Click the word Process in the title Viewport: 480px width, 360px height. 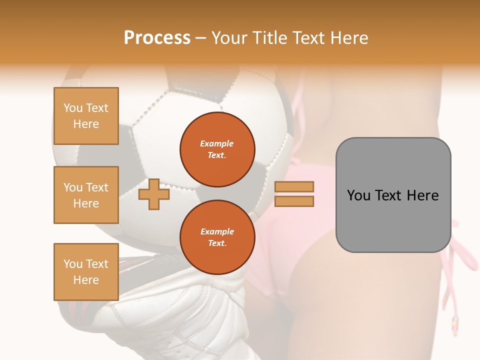point(157,38)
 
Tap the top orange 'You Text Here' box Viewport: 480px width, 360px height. point(86,116)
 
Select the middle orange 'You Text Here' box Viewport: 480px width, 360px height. point(86,195)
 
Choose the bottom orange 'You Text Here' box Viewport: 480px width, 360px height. point(86,272)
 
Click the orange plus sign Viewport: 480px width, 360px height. point(154,194)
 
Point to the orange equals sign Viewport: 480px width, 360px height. point(294,194)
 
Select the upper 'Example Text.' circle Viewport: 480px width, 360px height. point(217,149)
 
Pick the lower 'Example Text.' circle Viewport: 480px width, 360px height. point(217,237)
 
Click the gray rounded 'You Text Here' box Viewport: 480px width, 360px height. point(393,195)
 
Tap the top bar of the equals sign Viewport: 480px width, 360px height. point(294,187)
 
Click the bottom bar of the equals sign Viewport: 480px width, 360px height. point(294,201)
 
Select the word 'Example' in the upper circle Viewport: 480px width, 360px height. point(217,143)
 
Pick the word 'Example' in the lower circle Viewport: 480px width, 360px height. point(217,231)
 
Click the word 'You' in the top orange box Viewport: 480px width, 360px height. point(73,108)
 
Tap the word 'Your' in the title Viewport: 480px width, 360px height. point(231,38)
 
